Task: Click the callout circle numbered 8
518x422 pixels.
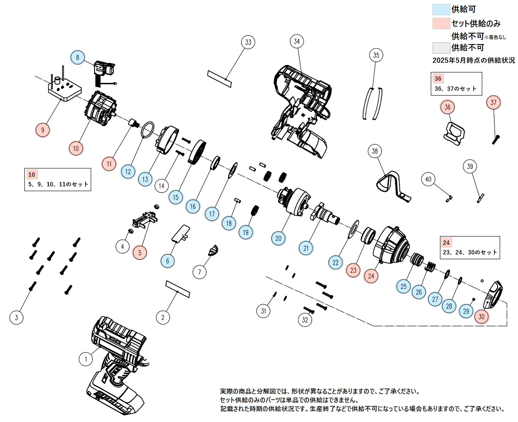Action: [x=78, y=58]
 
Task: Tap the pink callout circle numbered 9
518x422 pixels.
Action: [x=43, y=130]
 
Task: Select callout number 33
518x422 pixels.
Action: [x=248, y=42]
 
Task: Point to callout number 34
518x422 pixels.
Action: [x=296, y=41]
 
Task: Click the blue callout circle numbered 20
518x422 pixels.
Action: [x=279, y=238]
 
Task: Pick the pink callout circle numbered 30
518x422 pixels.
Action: [x=481, y=316]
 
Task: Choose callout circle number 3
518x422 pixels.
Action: [x=17, y=318]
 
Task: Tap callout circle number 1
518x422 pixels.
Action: [x=86, y=359]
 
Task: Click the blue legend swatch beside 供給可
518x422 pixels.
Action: [x=441, y=9]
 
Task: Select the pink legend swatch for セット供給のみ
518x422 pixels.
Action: [x=441, y=24]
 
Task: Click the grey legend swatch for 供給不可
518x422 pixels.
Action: [x=441, y=48]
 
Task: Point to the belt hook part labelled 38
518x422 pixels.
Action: [x=392, y=185]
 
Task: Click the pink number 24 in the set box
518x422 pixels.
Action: [x=446, y=243]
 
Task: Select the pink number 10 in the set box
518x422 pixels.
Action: [x=31, y=175]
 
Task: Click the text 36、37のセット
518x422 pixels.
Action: [x=456, y=89]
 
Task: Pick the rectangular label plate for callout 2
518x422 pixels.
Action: [x=178, y=289]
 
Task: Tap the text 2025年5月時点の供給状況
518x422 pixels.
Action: [x=474, y=61]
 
